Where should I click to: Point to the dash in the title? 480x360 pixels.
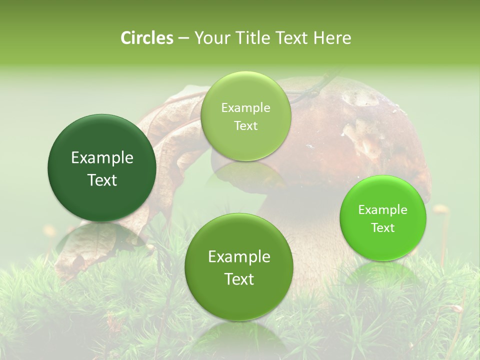pyautogui.click(x=183, y=38)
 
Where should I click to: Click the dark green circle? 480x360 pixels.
pyautogui.click(x=102, y=168)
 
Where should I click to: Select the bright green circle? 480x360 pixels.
pyautogui.click(x=383, y=218)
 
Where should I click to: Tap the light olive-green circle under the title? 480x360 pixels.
pyautogui.click(x=245, y=116)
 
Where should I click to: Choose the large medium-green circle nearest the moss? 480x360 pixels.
pyautogui.click(x=238, y=267)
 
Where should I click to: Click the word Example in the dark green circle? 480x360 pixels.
pyautogui.click(x=102, y=158)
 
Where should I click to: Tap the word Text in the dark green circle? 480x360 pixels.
pyautogui.click(x=102, y=180)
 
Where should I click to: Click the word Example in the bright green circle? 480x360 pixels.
pyautogui.click(x=383, y=210)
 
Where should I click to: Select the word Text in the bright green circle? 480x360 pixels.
pyautogui.click(x=383, y=228)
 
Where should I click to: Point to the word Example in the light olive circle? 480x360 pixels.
pyautogui.click(x=245, y=108)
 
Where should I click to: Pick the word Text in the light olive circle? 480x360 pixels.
pyautogui.click(x=245, y=126)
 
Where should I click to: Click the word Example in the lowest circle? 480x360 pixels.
pyautogui.click(x=239, y=257)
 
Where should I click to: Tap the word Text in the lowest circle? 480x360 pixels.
pyautogui.click(x=239, y=279)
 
